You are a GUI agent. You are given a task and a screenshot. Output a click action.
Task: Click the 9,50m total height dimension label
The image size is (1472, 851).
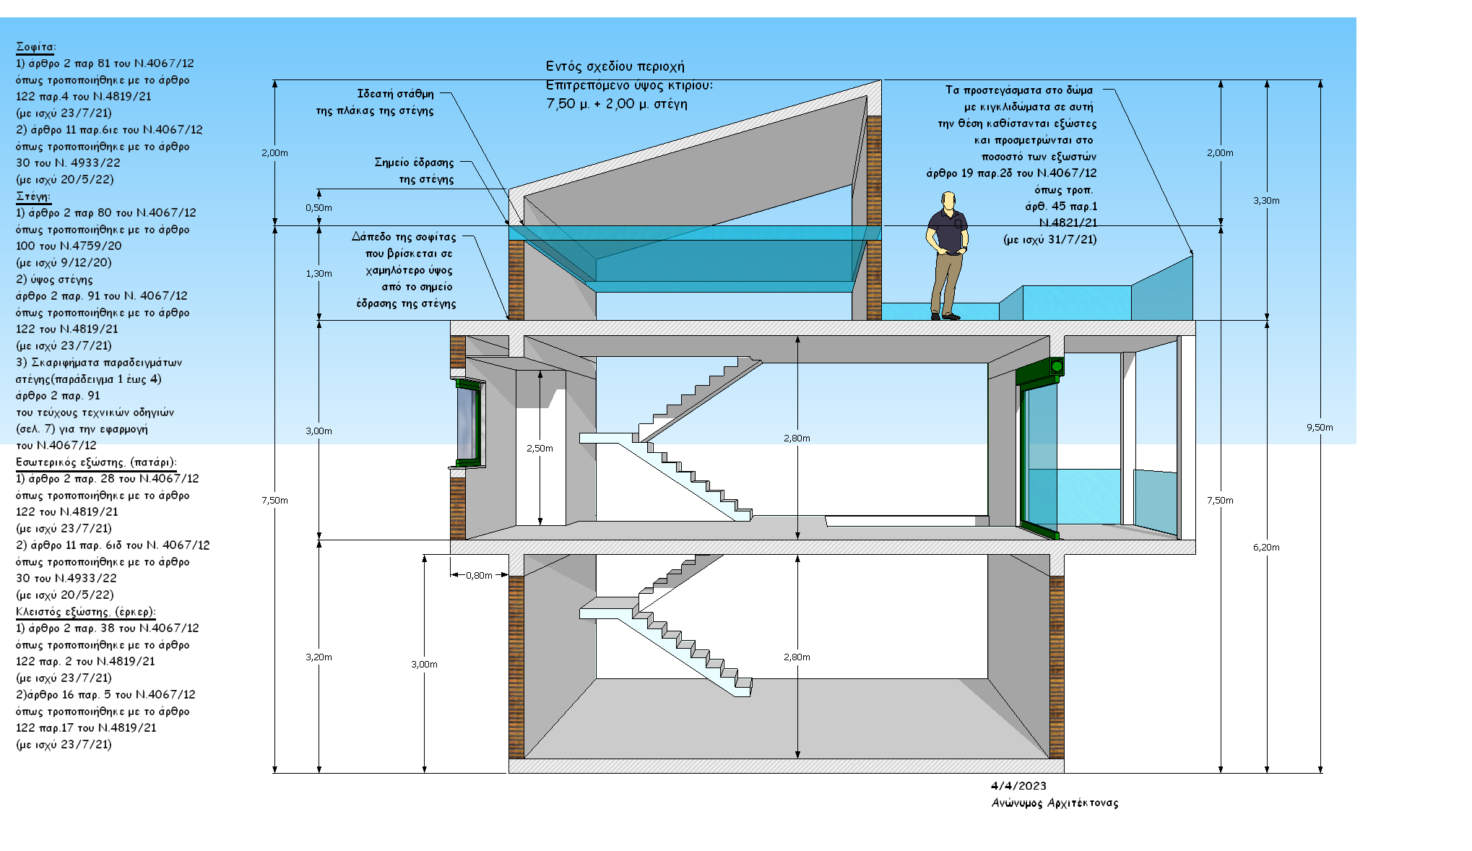[x=1319, y=428]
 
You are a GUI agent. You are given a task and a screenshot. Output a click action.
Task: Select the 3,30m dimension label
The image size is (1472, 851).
[x=1265, y=201]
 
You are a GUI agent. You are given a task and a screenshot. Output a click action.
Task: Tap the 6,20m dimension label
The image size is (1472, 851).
[x=1265, y=548]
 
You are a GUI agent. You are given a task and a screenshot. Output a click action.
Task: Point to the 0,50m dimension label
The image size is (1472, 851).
[x=319, y=208]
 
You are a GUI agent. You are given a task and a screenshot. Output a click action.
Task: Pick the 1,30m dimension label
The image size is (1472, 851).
[x=319, y=274]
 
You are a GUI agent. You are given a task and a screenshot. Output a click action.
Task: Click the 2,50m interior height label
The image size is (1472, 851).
[x=540, y=449]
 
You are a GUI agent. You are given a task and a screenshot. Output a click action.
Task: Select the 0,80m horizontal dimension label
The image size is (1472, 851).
[x=479, y=576]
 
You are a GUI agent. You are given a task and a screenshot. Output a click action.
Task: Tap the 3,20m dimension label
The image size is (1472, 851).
[x=319, y=657]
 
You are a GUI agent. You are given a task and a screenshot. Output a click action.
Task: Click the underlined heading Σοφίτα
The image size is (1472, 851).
[x=35, y=47]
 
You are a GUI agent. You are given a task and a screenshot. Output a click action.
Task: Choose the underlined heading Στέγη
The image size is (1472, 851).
[x=33, y=196]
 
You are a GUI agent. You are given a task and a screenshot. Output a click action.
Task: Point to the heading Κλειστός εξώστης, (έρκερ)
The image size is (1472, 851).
[x=85, y=612]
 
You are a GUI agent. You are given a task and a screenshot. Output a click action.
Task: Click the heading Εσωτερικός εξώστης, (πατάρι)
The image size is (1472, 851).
[x=96, y=462]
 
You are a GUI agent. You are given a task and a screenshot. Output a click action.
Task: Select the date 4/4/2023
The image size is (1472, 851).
[x=1018, y=786]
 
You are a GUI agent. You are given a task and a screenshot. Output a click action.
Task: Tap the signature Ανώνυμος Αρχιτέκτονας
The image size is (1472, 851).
[x=1055, y=803]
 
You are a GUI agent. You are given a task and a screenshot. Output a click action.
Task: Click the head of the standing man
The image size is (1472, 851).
[x=948, y=200]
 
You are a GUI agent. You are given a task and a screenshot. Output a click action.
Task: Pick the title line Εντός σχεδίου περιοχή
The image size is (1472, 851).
[x=615, y=66]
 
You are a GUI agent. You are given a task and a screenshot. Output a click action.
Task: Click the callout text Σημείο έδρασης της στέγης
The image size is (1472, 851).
[x=415, y=171]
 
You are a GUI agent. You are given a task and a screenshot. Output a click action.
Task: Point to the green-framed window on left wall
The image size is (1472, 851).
[x=468, y=423]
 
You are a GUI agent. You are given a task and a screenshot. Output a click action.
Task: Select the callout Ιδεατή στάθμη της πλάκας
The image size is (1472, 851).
[x=376, y=103]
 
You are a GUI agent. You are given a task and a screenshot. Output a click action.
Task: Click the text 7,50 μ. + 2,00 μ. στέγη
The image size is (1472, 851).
[x=617, y=104]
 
